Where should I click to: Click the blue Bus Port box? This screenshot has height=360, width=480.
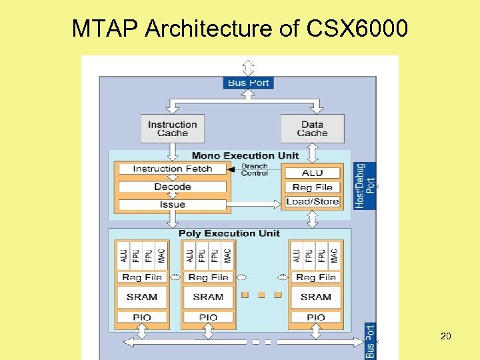248,83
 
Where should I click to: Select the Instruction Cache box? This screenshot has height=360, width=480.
172,128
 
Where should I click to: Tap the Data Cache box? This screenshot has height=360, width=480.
312,128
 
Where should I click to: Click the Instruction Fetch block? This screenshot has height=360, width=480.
172,169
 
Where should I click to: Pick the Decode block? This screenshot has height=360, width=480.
172,187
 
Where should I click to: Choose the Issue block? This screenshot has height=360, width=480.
172,204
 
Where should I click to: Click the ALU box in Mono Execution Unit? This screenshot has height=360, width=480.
312,173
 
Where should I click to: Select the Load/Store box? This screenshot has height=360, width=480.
312,201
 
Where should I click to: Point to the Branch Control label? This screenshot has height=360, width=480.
254,169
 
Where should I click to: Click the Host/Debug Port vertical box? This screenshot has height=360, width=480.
365,185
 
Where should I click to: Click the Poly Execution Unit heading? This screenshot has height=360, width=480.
229,233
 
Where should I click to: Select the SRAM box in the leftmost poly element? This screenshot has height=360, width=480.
141,297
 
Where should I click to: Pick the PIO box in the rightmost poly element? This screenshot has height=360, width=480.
315,317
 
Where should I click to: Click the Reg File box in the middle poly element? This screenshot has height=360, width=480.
208,277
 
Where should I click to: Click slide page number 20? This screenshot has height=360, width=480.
445,336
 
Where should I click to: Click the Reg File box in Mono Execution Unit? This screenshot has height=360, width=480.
312,187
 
